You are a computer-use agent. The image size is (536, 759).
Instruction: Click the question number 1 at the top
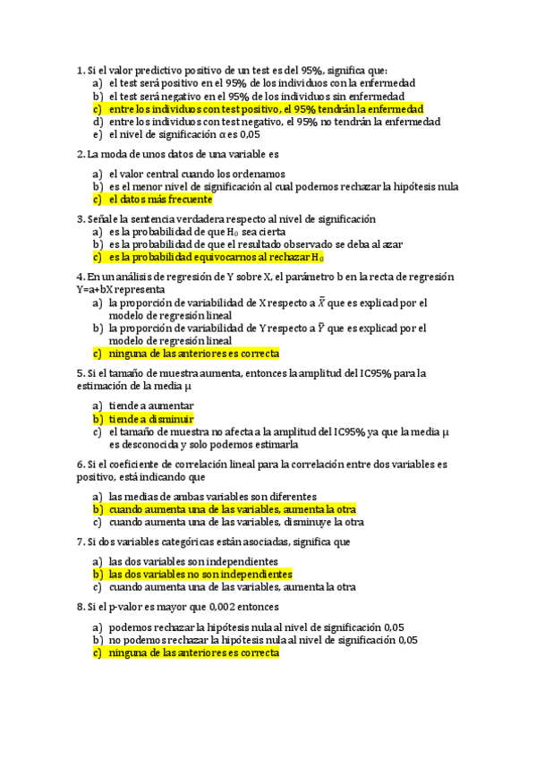tap(81, 71)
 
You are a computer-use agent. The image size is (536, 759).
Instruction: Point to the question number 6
tap(81, 465)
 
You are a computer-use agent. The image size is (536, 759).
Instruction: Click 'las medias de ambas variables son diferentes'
tap(212, 496)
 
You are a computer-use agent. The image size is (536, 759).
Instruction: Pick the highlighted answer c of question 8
tap(193, 653)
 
